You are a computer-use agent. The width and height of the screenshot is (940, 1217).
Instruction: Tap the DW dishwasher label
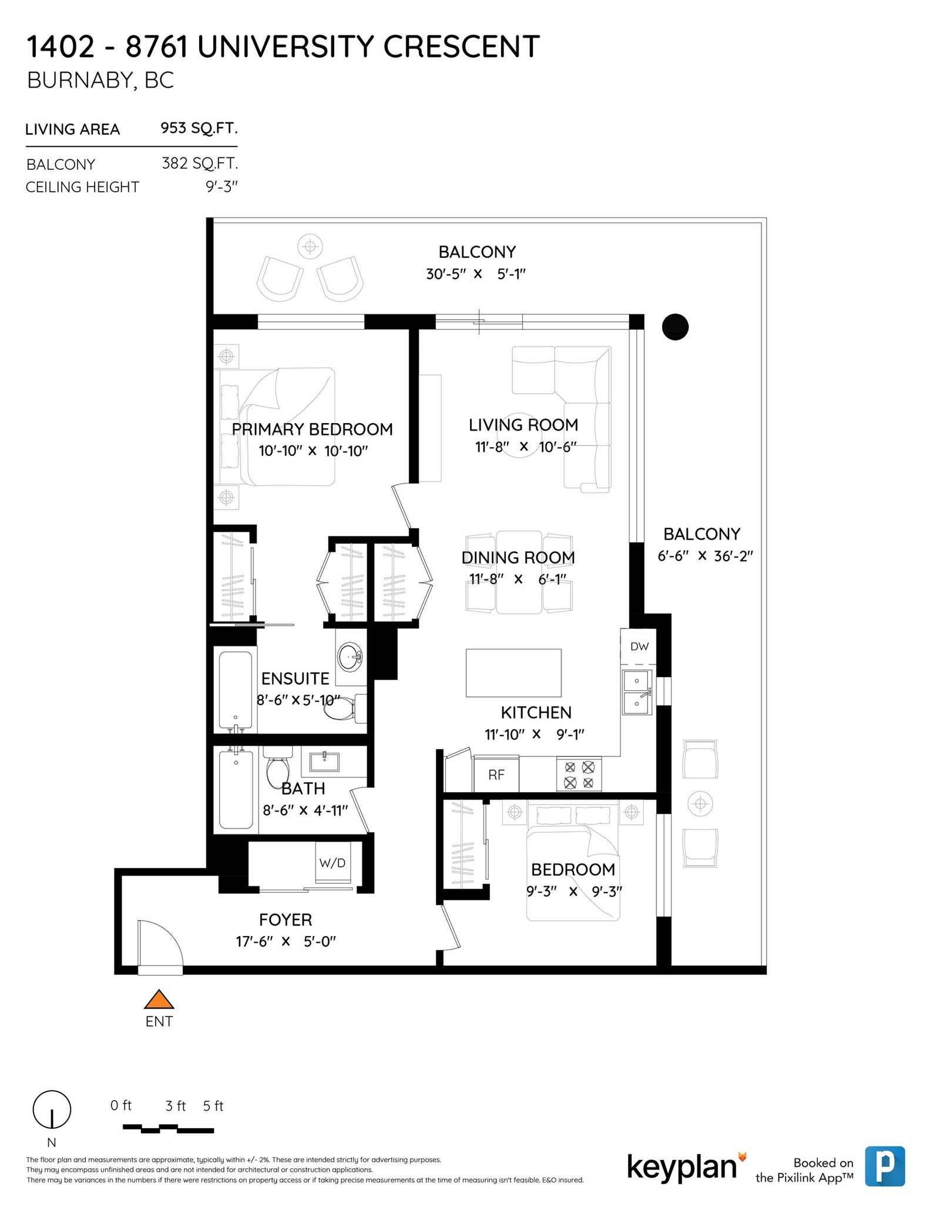click(x=639, y=646)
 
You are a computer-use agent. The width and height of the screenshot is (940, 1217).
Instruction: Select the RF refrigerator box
click(x=496, y=775)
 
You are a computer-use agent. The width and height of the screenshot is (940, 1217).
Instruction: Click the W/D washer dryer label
click(x=333, y=863)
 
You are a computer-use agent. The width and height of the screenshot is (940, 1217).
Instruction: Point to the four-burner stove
click(x=579, y=775)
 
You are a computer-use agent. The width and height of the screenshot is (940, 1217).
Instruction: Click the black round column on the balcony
click(x=675, y=327)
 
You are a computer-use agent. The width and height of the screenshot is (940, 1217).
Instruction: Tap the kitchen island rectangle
click(x=513, y=673)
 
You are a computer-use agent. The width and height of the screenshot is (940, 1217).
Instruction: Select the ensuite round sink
click(x=351, y=655)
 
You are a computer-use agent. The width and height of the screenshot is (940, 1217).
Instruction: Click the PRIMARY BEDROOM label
click(x=312, y=429)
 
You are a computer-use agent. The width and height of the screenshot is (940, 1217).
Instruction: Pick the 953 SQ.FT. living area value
click(x=199, y=128)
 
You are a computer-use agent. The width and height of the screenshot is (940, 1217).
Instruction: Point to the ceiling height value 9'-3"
click(x=221, y=187)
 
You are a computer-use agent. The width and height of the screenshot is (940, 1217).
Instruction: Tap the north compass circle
click(x=52, y=1109)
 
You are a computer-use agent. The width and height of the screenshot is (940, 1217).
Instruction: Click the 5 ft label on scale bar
click(x=213, y=1106)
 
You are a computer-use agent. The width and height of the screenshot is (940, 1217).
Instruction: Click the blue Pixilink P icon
click(x=885, y=1166)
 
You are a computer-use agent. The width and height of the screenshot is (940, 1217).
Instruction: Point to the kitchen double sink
click(x=637, y=692)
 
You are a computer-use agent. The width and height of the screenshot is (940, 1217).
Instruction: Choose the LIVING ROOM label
click(x=523, y=425)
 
